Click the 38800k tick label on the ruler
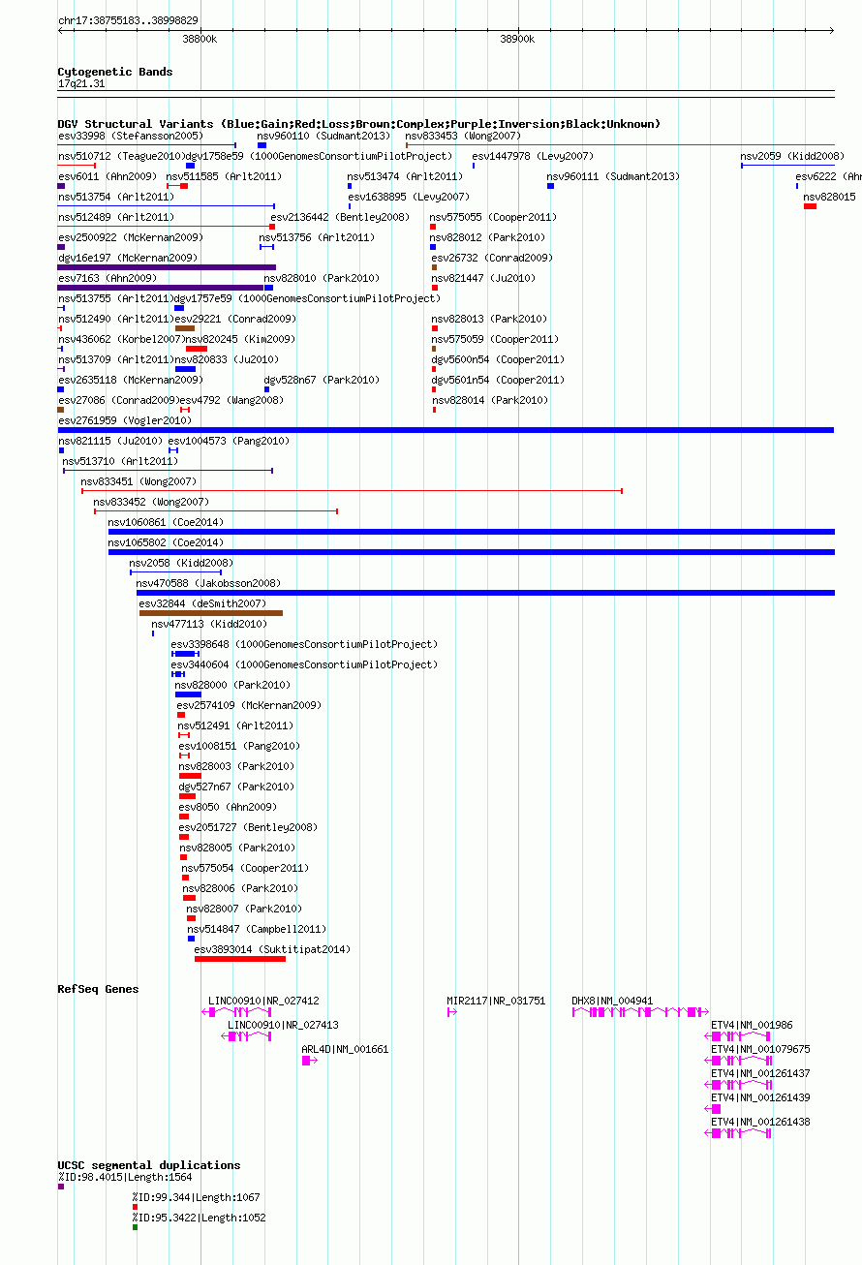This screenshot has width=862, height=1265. [200, 39]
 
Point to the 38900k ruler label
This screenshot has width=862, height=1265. [517, 39]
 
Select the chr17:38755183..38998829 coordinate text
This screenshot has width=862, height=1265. [128, 20]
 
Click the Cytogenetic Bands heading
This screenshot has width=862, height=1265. [115, 72]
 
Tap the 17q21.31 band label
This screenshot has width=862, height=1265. [81, 83]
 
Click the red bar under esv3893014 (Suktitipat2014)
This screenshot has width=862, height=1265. [240, 959]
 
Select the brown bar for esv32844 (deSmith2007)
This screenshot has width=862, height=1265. [211, 613]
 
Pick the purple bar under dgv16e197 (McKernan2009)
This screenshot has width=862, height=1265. [167, 267]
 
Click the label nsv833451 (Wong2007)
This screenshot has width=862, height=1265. [139, 481]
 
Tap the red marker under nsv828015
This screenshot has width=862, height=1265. [810, 206]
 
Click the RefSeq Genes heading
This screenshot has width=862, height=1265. [98, 989]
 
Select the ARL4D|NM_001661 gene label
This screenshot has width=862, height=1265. [345, 1049]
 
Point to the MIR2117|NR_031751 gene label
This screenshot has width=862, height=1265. [496, 1001]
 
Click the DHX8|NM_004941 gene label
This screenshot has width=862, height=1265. [612, 1001]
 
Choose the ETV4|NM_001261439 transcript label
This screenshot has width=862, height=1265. [760, 1097]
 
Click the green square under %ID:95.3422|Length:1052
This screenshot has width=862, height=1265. [135, 1227]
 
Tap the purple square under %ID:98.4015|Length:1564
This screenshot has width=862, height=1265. [61, 1187]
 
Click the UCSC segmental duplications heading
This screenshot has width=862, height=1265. [148, 1165]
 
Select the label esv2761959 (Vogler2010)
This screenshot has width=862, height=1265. [125, 420]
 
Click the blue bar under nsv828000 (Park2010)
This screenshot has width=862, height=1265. [188, 694]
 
